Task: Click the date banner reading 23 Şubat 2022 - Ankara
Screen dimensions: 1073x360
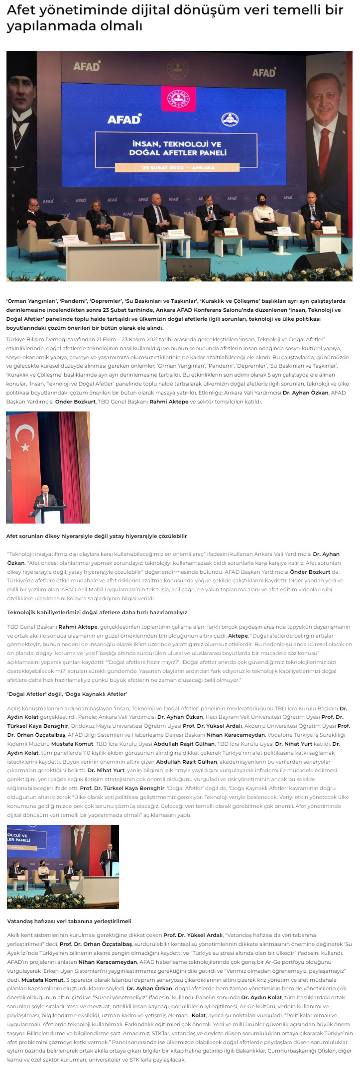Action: click(178, 167)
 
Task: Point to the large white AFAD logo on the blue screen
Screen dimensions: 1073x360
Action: click(124, 119)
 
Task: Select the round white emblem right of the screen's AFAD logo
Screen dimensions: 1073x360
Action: click(230, 120)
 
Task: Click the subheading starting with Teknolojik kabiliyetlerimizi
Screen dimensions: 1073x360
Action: click(97, 612)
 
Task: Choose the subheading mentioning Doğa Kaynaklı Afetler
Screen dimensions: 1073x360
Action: click(67, 694)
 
